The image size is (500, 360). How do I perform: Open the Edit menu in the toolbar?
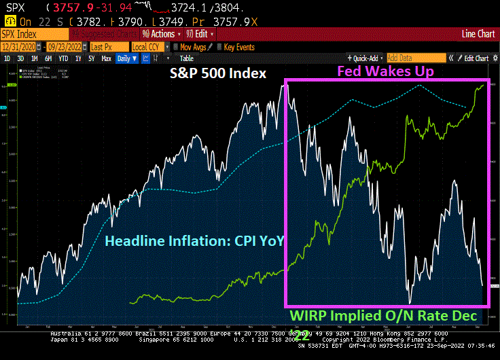click(203, 33)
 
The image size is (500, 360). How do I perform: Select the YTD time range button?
click(63, 58)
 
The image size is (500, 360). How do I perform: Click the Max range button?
click(106, 58)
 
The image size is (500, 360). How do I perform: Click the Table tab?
click(186, 58)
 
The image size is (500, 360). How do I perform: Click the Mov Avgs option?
click(194, 47)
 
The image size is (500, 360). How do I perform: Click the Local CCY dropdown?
click(148, 47)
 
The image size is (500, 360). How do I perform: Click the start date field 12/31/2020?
click(20, 47)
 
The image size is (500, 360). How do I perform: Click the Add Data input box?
click(416, 58)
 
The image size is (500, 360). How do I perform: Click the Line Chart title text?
click(478, 33)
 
